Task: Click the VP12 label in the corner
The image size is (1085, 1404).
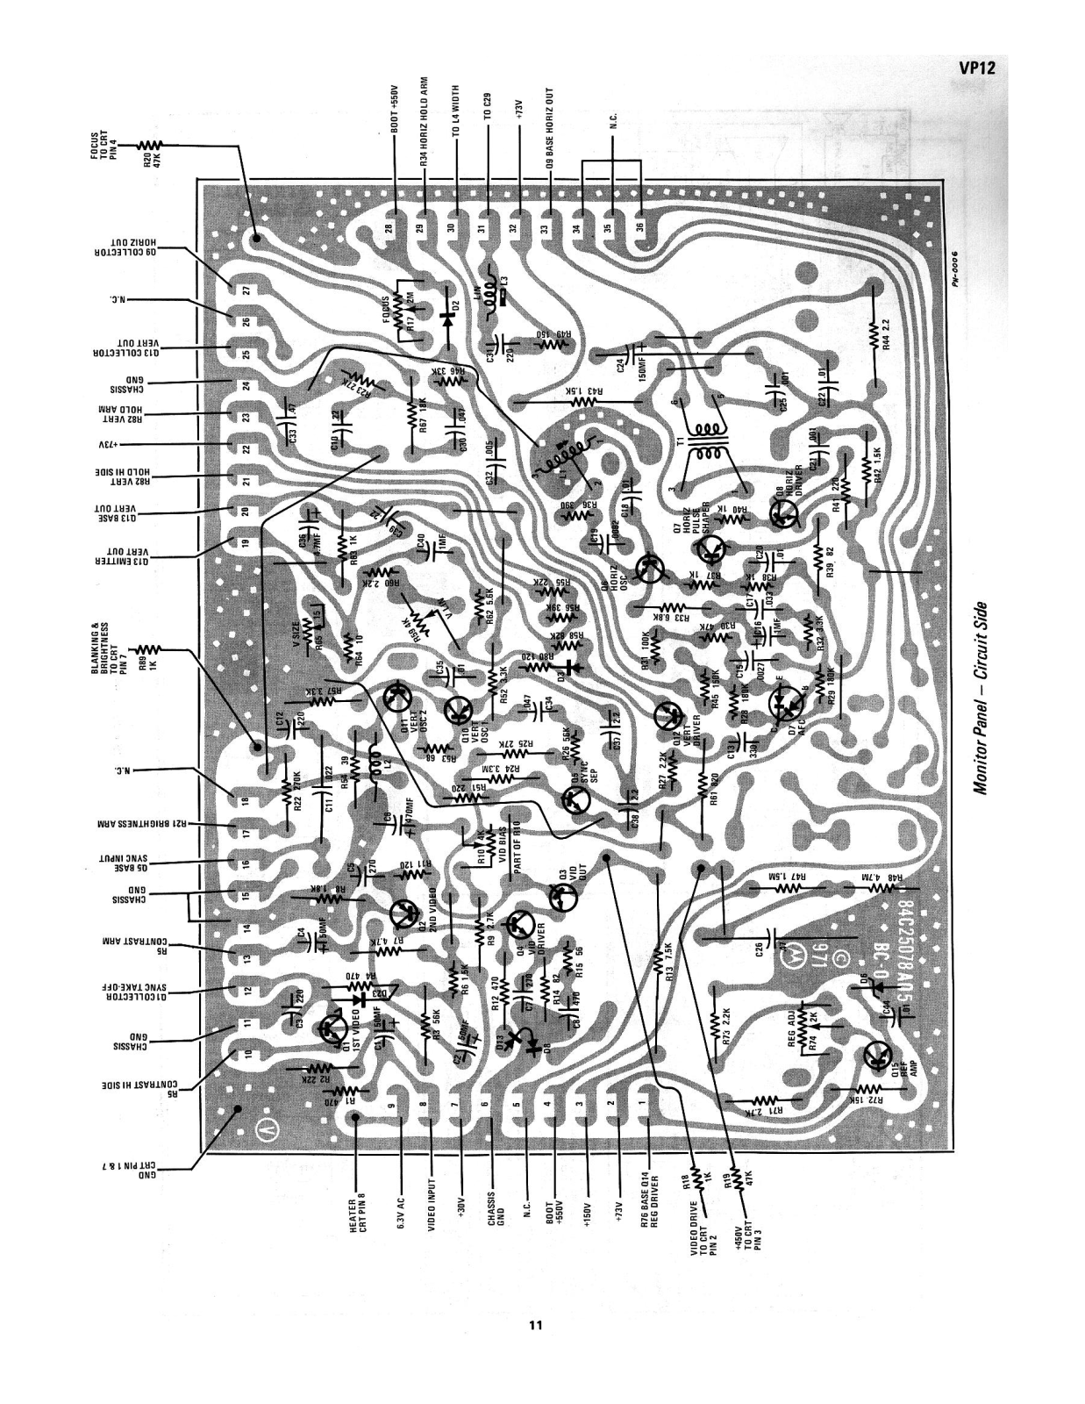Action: point(975,70)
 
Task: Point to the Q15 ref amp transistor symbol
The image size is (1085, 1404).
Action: point(877,1056)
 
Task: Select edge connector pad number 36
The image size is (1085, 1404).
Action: point(639,226)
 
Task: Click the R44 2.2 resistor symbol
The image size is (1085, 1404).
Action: point(874,332)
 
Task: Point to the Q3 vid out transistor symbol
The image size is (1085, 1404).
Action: point(562,897)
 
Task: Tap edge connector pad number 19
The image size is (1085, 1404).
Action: point(246,542)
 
